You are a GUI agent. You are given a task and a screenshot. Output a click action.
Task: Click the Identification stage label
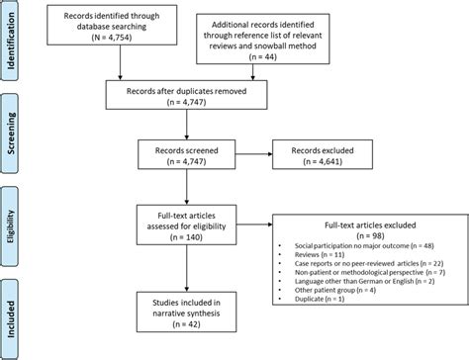coord(11,40)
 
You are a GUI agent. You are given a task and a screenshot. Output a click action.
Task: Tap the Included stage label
coord(11,311)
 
